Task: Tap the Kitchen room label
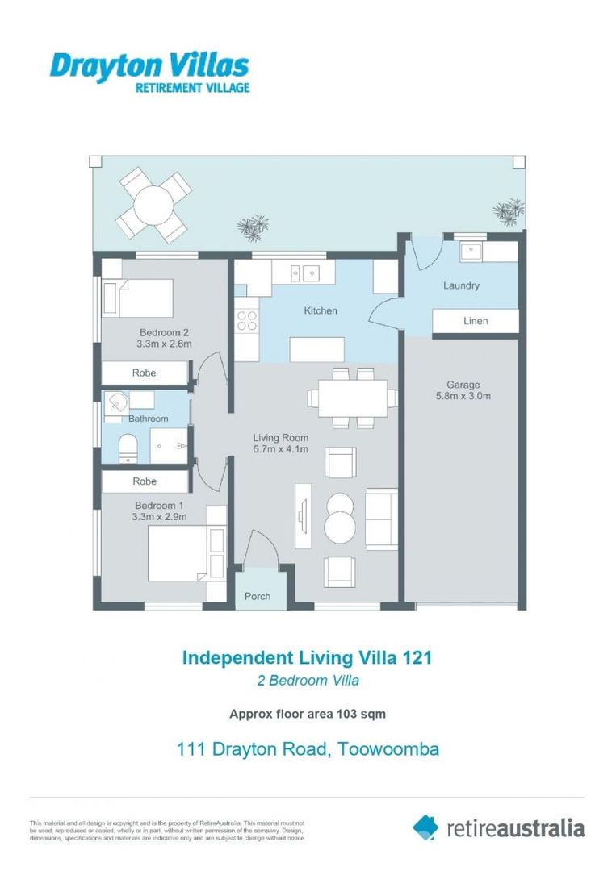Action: coord(321,310)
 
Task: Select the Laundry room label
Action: coord(461,285)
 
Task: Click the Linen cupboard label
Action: coord(476,321)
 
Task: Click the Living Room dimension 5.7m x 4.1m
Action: coord(280,449)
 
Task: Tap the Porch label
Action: coord(258,597)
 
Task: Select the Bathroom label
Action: coord(148,419)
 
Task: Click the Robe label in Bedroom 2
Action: coord(144,373)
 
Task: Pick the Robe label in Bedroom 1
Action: coord(144,481)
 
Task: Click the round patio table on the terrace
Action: coord(153,204)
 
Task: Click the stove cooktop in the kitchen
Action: coord(246,321)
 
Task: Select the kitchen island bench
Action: coord(316,350)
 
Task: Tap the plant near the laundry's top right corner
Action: coord(509,212)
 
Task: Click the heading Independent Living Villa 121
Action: coord(307,657)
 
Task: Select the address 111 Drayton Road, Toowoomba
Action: coord(308,749)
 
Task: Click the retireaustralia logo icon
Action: coord(425,827)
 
